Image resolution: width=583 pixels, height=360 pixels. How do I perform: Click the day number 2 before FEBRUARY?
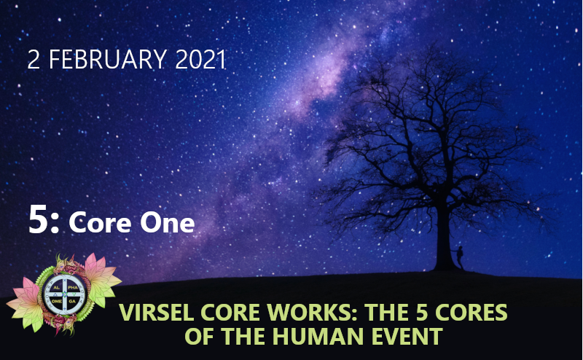(34, 59)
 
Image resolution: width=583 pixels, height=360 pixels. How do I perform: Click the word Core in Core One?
(100, 222)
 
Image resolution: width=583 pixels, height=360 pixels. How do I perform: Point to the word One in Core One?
(168, 222)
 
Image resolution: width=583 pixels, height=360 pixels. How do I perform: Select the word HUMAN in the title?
(318, 336)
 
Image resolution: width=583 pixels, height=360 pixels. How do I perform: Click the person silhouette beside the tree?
(460, 257)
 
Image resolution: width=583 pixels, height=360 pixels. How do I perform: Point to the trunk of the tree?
(445, 238)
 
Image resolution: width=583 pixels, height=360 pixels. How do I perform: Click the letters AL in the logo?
(57, 288)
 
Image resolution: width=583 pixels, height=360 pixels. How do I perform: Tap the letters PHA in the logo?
(73, 288)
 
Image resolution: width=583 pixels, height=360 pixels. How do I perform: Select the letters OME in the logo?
(57, 301)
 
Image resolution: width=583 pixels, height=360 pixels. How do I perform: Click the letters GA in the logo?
(72, 301)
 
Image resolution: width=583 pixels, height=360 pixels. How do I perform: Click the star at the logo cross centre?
(65, 294)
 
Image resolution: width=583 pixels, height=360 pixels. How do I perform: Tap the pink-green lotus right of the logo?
(101, 279)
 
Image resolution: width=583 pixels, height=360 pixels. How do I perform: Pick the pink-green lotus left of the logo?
(27, 304)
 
